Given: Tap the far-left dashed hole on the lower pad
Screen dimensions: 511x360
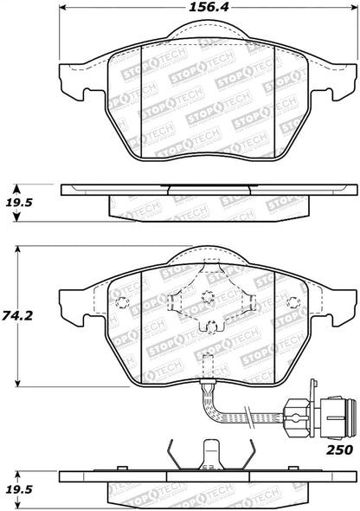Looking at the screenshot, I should (121, 302).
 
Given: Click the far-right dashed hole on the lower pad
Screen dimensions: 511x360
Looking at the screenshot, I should (293, 302).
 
